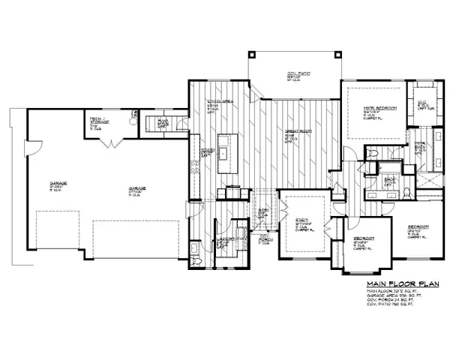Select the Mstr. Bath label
coord(421,148)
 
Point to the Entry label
coord(262,212)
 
